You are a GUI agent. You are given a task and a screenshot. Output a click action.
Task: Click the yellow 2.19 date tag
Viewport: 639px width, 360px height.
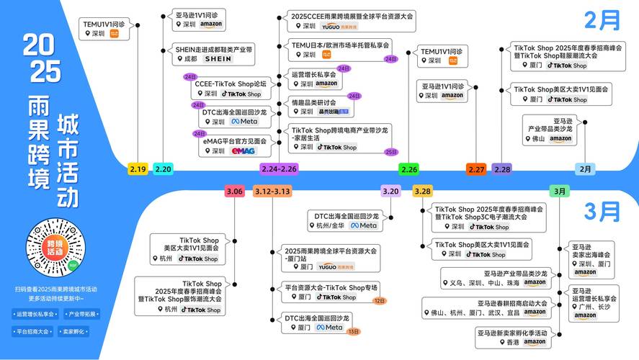(x=138, y=169)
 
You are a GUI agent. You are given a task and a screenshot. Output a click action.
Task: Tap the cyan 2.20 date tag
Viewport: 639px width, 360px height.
(x=164, y=169)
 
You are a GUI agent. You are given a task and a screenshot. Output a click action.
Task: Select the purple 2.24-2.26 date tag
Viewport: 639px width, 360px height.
(x=279, y=169)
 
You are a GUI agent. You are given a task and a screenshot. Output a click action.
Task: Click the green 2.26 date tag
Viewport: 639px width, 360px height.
(x=409, y=169)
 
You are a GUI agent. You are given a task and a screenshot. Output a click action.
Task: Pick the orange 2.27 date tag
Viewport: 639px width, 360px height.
(x=476, y=169)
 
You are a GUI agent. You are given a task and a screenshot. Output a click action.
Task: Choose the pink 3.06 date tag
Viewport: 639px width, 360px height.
(x=235, y=192)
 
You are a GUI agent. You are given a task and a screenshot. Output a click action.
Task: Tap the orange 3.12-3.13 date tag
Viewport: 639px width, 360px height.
(x=272, y=192)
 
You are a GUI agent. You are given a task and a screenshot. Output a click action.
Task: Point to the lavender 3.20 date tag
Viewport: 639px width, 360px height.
(x=390, y=191)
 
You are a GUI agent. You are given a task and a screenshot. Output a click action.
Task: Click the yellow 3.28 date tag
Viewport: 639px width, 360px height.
(x=422, y=191)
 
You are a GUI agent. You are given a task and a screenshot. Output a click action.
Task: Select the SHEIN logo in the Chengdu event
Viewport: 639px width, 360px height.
(x=218, y=59)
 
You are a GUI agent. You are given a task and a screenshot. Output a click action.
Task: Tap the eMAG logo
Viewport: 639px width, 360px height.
(x=243, y=151)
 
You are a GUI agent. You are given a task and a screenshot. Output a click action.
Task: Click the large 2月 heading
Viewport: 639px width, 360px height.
(x=602, y=19)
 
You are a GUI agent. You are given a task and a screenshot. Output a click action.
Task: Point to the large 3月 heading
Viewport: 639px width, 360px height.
(x=602, y=211)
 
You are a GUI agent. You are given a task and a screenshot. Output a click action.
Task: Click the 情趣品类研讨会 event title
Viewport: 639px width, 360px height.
(x=313, y=102)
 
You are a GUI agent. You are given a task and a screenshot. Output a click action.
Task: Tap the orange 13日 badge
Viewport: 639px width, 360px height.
(x=354, y=332)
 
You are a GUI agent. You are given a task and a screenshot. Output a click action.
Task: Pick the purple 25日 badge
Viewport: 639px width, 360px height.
(x=390, y=152)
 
